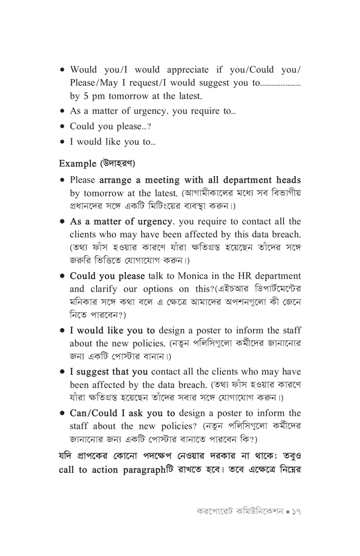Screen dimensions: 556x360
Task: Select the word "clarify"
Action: coord(110,289)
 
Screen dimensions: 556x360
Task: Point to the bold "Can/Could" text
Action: coord(95,413)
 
